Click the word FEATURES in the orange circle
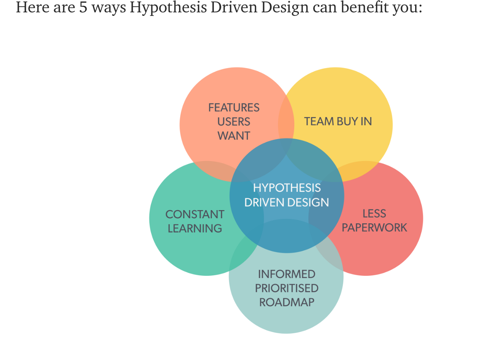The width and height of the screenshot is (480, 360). (234, 108)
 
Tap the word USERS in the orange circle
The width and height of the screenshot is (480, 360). (234, 122)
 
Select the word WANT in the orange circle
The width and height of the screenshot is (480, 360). (234, 136)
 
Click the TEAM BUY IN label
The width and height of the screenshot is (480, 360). (338, 121)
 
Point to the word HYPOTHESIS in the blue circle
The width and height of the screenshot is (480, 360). (287, 188)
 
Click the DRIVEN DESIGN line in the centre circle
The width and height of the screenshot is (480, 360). (287, 202)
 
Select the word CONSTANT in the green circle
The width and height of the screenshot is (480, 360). (195, 214)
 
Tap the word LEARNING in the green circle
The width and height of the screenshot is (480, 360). (195, 228)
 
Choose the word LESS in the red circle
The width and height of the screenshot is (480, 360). (374, 214)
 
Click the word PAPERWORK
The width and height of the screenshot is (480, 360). (374, 228)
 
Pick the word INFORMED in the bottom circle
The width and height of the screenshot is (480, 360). (287, 274)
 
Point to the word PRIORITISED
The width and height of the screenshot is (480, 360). (287, 288)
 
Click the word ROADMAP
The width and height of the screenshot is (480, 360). (287, 302)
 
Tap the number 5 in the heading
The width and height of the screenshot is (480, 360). (83, 7)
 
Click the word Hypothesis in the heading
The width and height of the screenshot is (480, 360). (168, 8)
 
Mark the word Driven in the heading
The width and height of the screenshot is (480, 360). (234, 7)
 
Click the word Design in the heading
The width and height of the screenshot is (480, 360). (285, 8)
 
